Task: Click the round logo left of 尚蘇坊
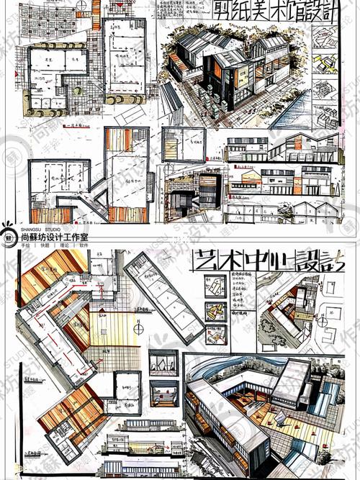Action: click(x=9, y=235)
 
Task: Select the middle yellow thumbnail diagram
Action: click(x=214, y=310)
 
